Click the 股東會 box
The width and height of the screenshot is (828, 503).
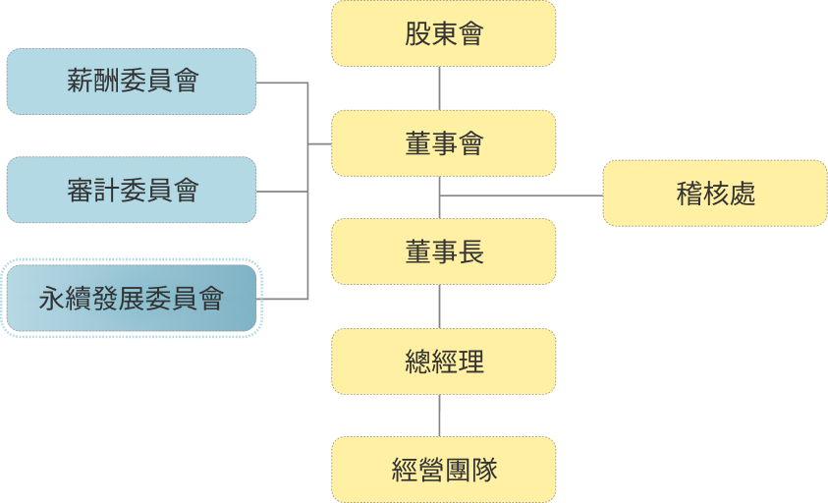coord(444,34)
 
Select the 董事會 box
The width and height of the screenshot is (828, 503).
coord(444,143)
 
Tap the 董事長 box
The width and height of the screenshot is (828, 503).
coord(444,252)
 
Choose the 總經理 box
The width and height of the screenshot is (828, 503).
coord(444,362)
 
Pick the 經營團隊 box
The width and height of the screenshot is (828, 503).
coord(444,470)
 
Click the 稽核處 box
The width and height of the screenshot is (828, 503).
coord(715,194)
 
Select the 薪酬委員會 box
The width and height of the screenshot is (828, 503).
coord(132,82)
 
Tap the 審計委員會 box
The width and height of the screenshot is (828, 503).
coord(132,190)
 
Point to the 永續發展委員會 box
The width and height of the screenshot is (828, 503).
coord(132,298)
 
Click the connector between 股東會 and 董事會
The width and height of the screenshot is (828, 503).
coord(439,88)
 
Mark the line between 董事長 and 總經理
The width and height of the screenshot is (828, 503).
coord(439,307)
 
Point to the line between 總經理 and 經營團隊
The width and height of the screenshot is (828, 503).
coord(439,416)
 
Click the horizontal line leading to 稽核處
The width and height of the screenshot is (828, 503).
coord(521,196)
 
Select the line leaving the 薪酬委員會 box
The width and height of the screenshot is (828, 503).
coord(283,84)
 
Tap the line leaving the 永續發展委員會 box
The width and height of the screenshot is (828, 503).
coord(285,299)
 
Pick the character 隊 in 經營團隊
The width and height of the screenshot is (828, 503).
coord(484,471)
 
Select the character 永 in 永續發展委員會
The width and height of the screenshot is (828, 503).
coord(52,299)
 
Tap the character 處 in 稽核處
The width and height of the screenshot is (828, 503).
coord(743,195)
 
